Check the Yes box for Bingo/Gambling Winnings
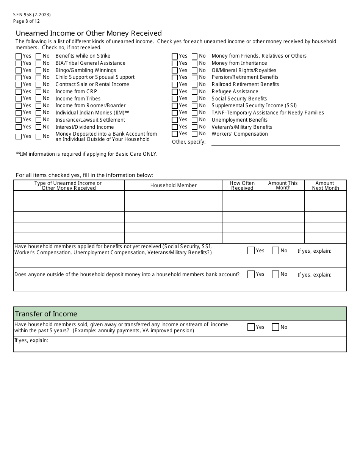(x=19, y=70)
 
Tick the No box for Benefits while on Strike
(x=38, y=56)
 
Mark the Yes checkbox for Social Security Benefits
(x=175, y=99)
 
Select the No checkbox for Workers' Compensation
(x=194, y=134)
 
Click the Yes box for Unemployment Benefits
(x=175, y=120)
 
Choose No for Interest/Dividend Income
(x=38, y=127)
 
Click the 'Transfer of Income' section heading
(x=46, y=314)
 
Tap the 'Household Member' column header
(x=173, y=185)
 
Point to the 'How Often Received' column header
(x=242, y=185)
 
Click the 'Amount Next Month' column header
(x=325, y=185)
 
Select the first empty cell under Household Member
(x=173, y=196)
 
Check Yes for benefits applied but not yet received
(x=251, y=250)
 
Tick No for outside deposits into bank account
(x=275, y=274)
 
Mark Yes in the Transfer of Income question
(x=251, y=327)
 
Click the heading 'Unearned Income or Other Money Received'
(x=89, y=33)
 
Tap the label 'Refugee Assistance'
(x=235, y=92)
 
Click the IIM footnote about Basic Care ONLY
(x=86, y=154)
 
